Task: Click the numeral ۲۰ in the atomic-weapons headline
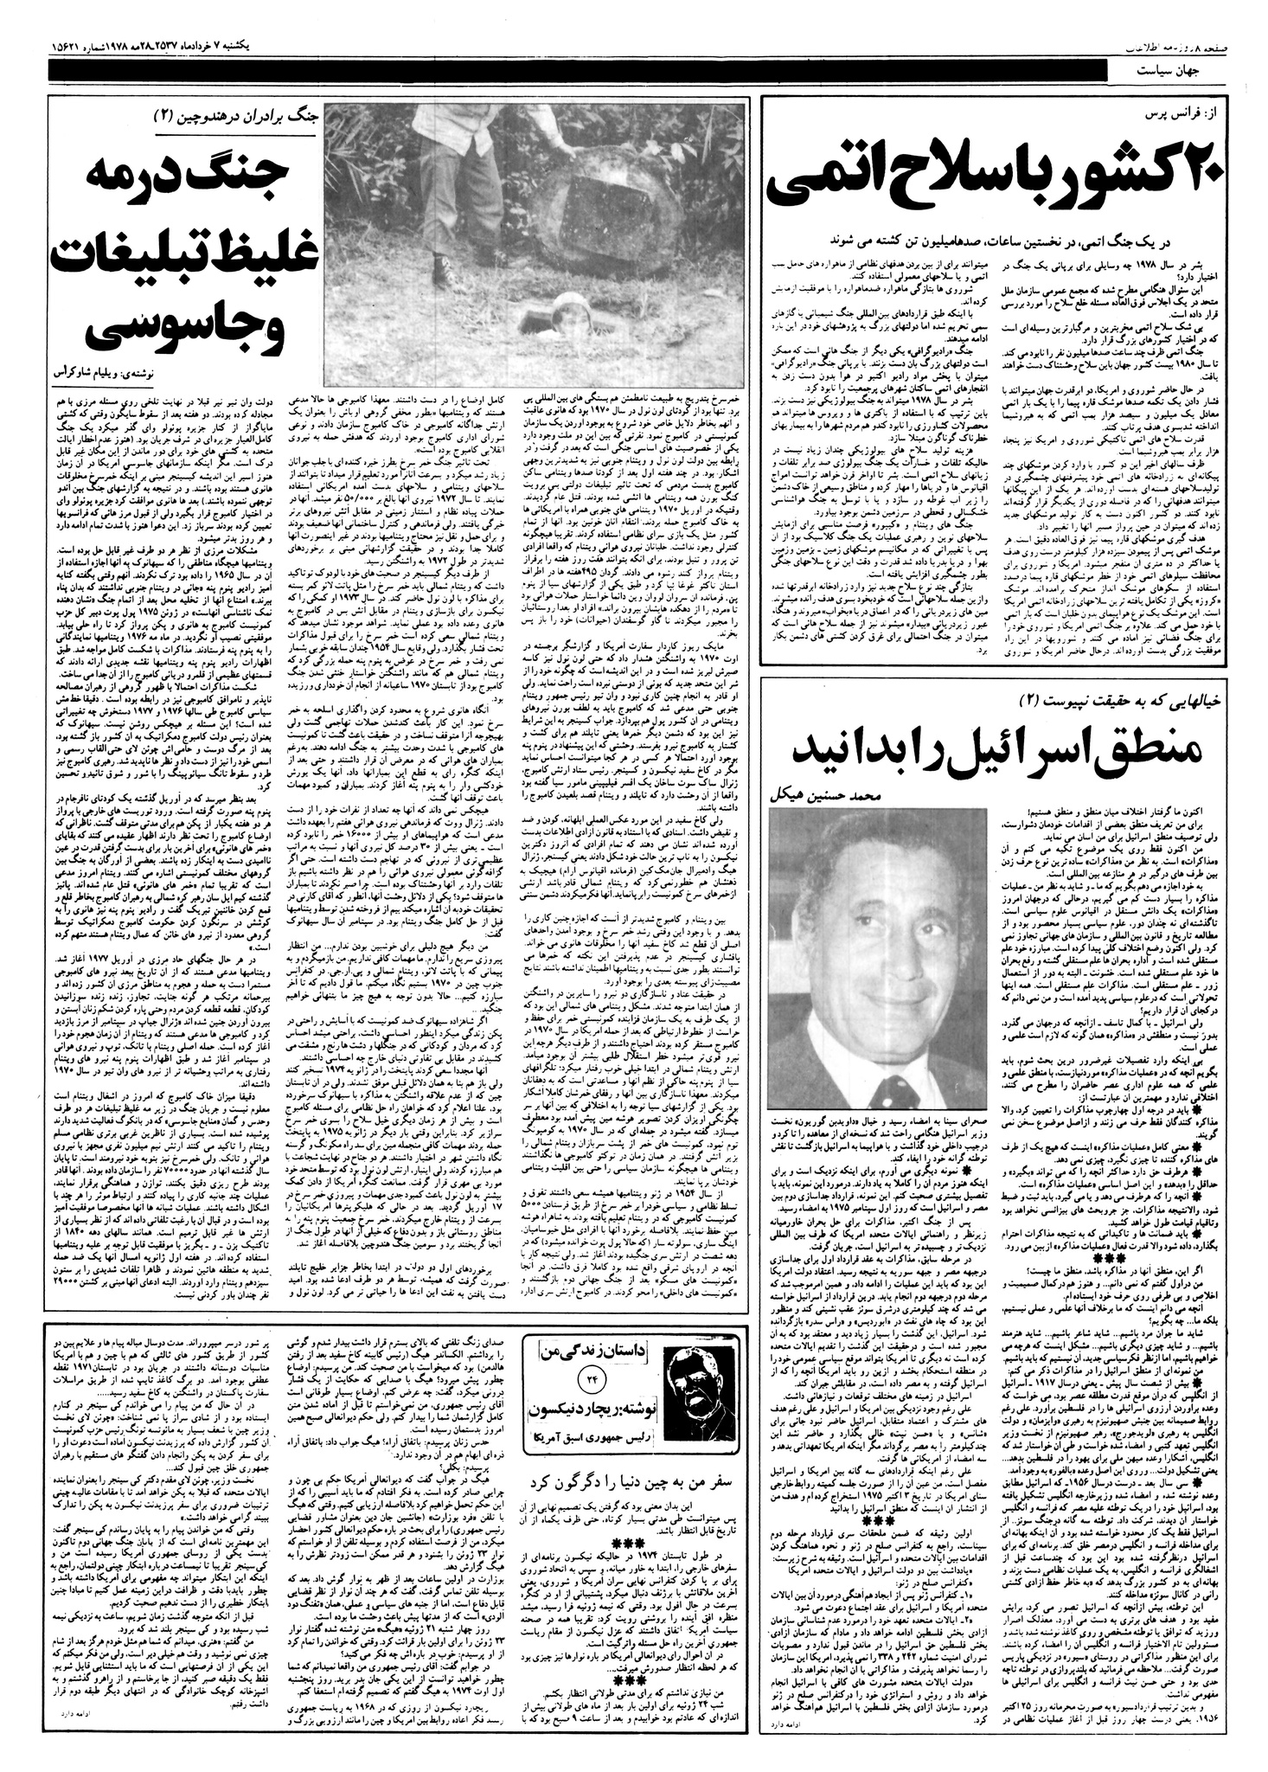click(x=1190, y=180)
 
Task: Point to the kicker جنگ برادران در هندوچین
click(x=251, y=113)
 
